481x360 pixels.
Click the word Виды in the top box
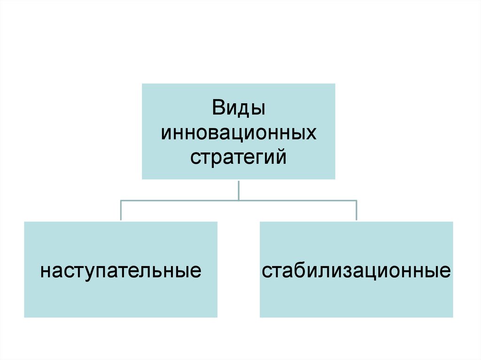pos(238,109)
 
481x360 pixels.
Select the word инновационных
pos(239,133)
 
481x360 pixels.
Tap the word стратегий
pos(239,156)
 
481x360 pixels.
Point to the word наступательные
pos(121,272)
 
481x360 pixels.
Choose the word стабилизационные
pos(357,271)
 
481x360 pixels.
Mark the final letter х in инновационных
pos(311,133)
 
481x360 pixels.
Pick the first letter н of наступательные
pos(45,272)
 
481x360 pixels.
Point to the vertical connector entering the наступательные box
pos(121,211)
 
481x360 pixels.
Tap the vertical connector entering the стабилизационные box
pos(356,211)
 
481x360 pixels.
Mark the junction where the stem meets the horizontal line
pos(239,200)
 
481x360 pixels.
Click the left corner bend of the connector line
pos(121,200)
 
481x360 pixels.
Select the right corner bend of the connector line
pos(356,200)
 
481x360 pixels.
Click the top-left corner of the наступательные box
pos(24,222)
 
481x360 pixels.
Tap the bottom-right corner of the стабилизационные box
pos(453,317)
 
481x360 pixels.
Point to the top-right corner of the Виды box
pos(335,84)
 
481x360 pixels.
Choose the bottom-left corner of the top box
pos(142,179)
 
